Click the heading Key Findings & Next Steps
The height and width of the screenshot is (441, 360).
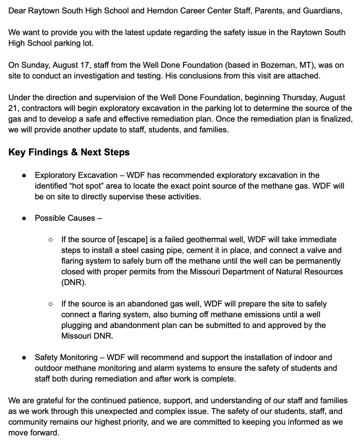click(x=69, y=152)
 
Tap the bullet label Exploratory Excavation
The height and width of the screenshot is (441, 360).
click(x=76, y=175)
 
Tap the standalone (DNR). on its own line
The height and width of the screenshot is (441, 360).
click(x=74, y=282)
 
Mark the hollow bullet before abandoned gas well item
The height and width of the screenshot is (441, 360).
click(x=51, y=304)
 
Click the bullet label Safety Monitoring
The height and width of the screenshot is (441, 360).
click(x=66, y=357)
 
